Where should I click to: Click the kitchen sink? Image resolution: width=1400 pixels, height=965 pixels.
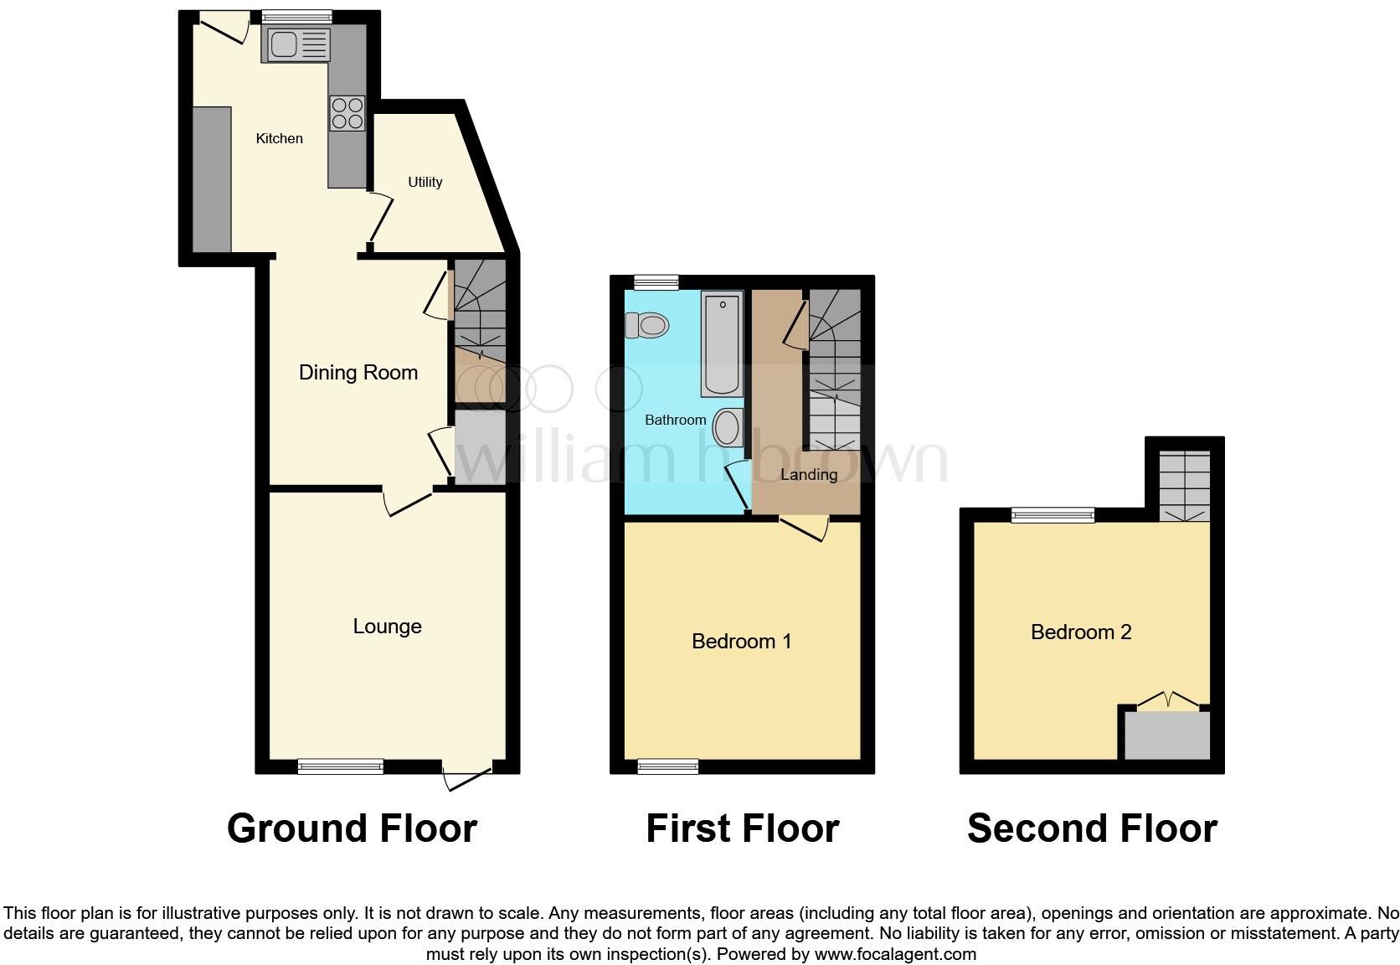tap(296, 44)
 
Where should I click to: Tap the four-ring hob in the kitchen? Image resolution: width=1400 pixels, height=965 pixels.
tap(347, 114)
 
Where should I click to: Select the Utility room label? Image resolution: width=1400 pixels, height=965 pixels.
tap(425, 182)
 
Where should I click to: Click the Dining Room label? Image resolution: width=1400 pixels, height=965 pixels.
tap(358, 373)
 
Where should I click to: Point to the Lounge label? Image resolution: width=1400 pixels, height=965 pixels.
tap(387, 627)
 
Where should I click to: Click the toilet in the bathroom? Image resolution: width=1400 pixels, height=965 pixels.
tap(647, 324)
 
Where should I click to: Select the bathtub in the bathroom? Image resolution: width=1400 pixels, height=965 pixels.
tap(722, 343)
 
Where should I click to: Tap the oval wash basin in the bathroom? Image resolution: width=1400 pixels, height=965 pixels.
tap(726, 427)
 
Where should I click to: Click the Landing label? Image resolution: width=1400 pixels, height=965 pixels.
tap(808, 475)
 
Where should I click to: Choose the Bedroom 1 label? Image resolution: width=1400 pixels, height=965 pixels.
tap(741, 642)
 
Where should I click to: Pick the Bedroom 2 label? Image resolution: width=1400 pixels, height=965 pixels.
tap(1080, 632)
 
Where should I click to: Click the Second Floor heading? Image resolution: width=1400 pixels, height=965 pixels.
tap(1091, 828)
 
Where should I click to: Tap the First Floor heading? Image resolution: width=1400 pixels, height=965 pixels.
tap(742, 828)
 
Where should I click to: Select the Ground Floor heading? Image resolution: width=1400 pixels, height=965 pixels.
tap(352, 828)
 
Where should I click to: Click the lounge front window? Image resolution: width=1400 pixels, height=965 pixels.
tap(341, 766)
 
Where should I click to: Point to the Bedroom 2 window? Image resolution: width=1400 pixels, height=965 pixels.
tap(1053, 514)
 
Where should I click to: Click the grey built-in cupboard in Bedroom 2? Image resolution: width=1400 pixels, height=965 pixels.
tap(1166, 735)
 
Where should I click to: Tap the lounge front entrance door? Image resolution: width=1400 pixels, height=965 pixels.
tap(467, 776)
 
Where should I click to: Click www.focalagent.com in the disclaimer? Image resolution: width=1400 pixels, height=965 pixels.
tap(895, 954)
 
